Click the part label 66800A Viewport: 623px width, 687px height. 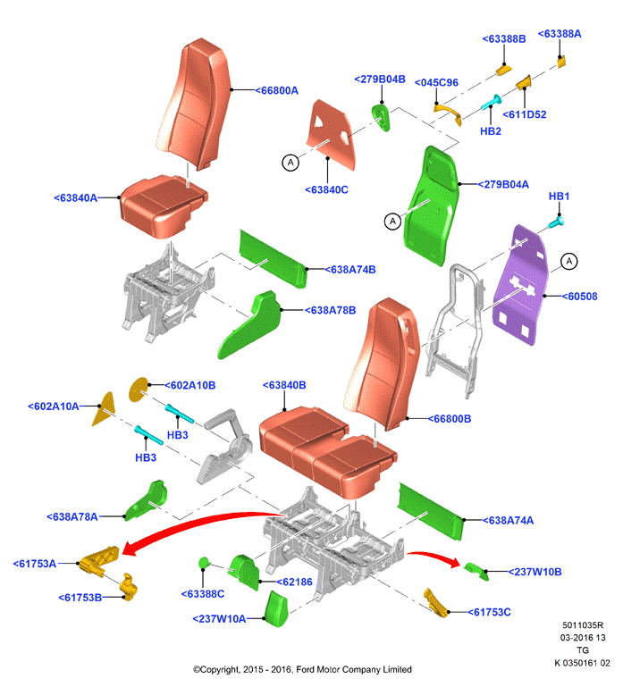click(x=277, y=91)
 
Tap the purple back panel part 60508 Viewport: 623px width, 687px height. click(x=519, y=285)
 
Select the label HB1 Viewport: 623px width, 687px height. click(x=559, y=197)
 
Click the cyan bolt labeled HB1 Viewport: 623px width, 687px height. click(x=556, y=222)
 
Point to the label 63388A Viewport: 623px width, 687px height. click(x=560, y=34)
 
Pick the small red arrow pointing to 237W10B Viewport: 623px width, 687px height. click(x=434, y=559)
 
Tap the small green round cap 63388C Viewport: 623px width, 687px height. click(x=204, y=563)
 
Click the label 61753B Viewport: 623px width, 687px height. click(x=80, y=598)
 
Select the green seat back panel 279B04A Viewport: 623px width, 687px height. click(x=432, y=206)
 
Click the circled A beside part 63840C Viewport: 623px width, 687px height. click(x=290, y=163)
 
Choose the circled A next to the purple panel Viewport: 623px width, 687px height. click(x=569, y=262)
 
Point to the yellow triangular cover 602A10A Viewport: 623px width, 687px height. click(x=104, y=409)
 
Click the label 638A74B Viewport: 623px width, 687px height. click(x=350, y=270)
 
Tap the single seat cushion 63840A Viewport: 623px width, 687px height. click(x=163, y=206)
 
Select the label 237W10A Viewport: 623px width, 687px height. click(x=219, y=619)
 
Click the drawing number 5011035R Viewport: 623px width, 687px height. click(x=583, y=625)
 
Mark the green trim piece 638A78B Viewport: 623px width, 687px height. click(x=250, y=324)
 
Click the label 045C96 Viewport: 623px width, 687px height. click(x=436, y=83)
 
